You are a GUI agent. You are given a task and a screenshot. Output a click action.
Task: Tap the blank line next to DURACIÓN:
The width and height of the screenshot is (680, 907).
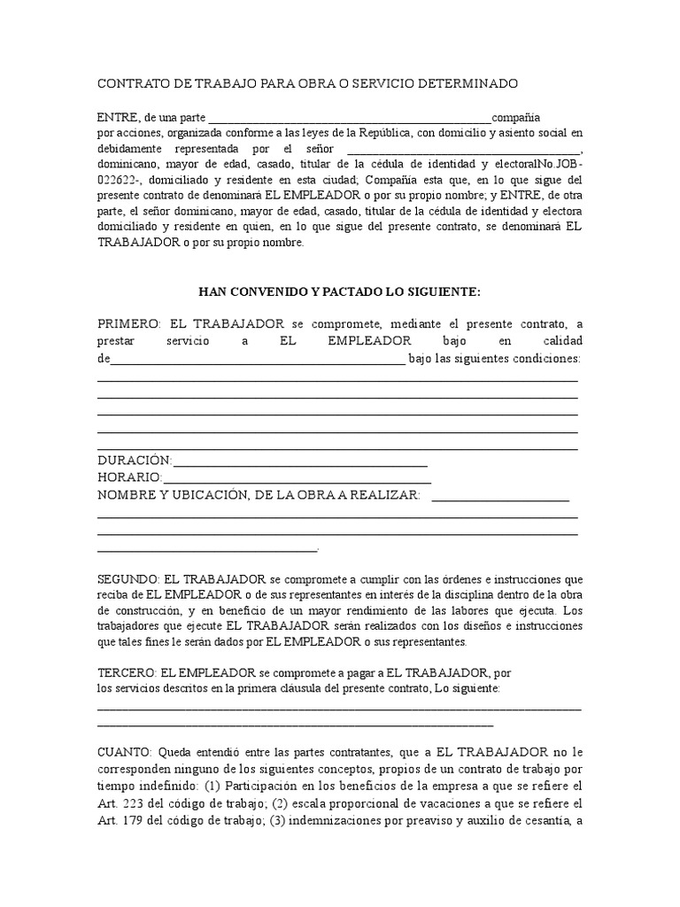[301, 463]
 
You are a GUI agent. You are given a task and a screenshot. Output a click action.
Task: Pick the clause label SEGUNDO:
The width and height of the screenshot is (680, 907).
[128, 578]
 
